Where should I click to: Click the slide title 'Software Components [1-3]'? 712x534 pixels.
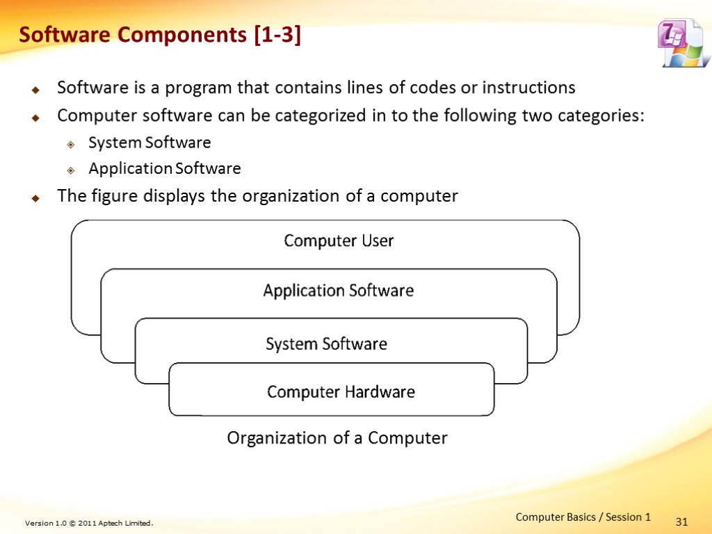159,35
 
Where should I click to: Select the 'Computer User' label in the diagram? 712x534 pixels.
339,241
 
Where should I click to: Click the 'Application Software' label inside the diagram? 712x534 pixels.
338,291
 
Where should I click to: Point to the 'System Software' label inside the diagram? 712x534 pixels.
326,344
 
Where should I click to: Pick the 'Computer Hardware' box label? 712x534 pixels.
341,392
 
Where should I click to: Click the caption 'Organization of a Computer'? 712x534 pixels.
337,438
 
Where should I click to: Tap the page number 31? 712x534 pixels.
681,521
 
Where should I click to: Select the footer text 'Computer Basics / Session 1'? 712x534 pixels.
583,517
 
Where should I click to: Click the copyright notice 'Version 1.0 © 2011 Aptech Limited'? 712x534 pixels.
88,523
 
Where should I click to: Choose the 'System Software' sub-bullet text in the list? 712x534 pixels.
149,143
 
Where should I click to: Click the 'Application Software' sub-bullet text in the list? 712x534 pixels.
165,168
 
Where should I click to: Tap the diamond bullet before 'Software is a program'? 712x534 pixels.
35,89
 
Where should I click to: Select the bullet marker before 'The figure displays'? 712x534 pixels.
35,197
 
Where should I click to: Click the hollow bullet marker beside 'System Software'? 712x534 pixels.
70,144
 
